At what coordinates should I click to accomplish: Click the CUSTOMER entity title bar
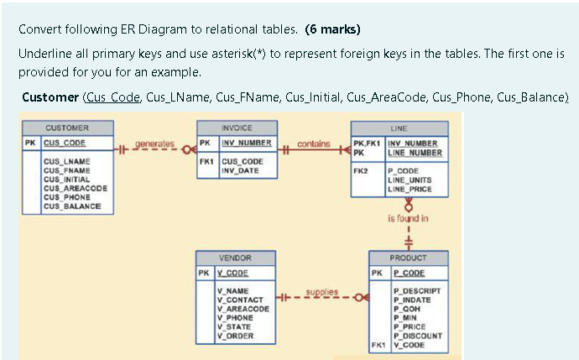[x=67, y=128]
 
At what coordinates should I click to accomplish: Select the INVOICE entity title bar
[x=236, y=128]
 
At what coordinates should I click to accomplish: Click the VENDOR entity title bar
[x=235, y=258]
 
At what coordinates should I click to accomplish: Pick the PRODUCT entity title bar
[x=408, y=258]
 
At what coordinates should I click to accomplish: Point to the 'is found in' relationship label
[x=408, y=219]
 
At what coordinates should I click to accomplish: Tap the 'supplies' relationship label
[x=321, y=291]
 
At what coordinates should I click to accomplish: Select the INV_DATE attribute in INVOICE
[x=239, y=170]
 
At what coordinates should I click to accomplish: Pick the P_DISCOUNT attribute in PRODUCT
[x=417, y=336]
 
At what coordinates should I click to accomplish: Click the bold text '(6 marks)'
[x=334, y=30]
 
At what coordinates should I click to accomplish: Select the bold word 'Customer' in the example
[x=50, y=97]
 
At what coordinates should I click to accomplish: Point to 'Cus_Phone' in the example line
[x=461, y=97]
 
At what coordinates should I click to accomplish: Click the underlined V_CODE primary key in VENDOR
[x=232, y=273]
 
